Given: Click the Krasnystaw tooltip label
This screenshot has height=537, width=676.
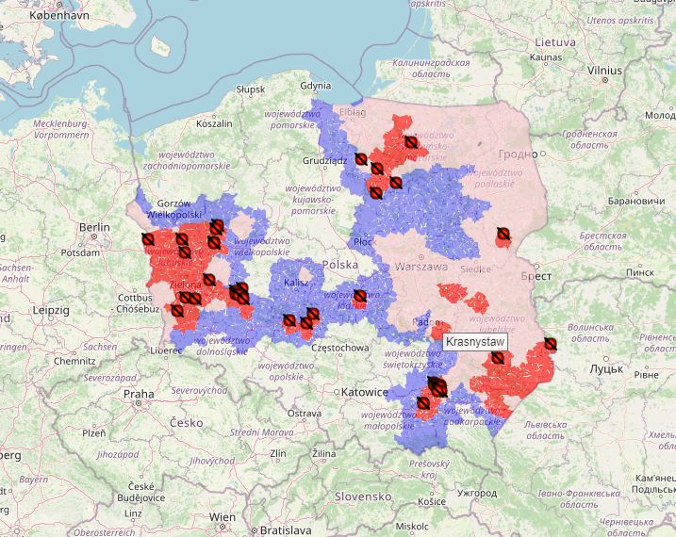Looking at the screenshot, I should (x=475, y=340).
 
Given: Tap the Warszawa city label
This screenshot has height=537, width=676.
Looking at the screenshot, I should (x=421, y=267).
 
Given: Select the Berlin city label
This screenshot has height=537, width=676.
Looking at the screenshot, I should (x=95, y=227).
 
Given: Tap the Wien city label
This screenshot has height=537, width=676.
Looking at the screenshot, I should (x=223, y=517).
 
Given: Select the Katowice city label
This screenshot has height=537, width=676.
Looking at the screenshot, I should (x=366, y=391).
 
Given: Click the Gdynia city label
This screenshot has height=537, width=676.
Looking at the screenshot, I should (x=315, y=85).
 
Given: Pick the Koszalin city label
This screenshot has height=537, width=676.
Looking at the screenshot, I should (x=214, y=123).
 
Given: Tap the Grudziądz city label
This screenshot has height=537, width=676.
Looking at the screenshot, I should (x=325, y=160).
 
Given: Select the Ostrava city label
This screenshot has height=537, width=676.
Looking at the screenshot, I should (x=305, y=413).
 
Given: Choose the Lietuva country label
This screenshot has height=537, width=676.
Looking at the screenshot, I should (x=554, y=42).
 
